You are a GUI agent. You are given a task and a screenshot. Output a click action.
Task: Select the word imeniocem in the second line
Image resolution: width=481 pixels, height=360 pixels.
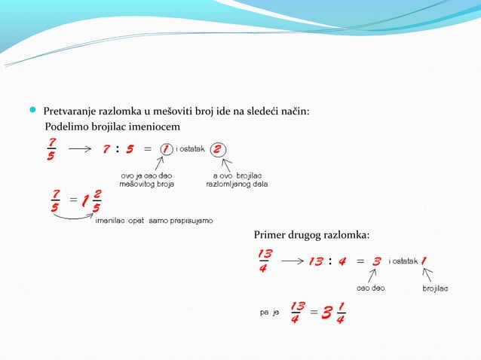tap(157, 125)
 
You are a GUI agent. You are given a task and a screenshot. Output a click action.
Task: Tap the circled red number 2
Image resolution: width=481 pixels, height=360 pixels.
tap(217, 149)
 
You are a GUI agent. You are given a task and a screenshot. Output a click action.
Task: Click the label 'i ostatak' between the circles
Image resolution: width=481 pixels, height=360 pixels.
tap(190, 149)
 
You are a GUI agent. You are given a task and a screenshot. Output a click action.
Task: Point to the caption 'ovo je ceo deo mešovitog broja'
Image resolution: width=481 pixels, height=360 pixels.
tap(147, 179)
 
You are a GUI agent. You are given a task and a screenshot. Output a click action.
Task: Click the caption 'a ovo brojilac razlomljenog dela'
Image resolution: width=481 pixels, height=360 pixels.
tap(236, 179)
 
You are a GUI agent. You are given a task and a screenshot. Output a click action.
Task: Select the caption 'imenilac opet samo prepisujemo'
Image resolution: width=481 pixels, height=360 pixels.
tap(155, 220)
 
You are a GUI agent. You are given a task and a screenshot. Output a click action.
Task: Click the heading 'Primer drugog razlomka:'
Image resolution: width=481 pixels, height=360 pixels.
tap(312, 236)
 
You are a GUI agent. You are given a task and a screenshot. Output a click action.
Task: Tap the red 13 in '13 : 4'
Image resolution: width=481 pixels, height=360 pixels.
tap(316, 261)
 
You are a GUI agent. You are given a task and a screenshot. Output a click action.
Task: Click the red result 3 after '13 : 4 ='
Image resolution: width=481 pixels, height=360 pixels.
tap(377, 261)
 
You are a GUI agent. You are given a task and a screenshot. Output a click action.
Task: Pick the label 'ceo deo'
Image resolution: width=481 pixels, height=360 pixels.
tap(370, 288)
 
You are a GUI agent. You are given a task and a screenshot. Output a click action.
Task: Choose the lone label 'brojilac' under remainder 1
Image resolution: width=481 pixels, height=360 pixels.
tap(435, 288)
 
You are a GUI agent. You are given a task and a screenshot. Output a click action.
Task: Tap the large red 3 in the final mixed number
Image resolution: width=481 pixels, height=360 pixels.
tap(326, 310)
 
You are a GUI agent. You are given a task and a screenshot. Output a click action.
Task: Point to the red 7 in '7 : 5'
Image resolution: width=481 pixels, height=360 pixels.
tap(107, 149)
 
